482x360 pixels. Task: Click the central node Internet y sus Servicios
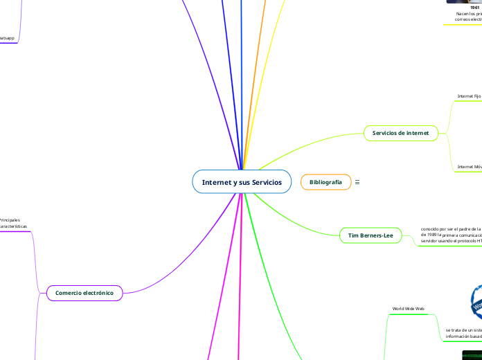pyautogui.click(x=242, y=181)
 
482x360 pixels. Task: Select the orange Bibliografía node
pyautogui.click(x=325, y=182)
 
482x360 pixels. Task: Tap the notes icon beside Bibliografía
pyautogui.click(x=357, y=182)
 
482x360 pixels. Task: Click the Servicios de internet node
pyautogui.click(x=400, y=133)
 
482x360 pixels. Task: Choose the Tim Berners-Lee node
pyautogui.click(x=371, y=235)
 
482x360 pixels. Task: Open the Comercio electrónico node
pyautogui.click(x=84, y=294)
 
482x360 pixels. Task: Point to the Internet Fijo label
pyautogui.click(x=469, y=96)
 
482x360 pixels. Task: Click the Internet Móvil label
pyautogui.click(x=469, y=167)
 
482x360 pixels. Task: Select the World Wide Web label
pyautogui.click(x=409, y=308)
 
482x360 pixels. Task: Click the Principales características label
pyautogui.click(x=12, y=223)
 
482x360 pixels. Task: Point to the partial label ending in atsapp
pyautogui.click(x=7, y=38)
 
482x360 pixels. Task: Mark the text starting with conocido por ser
pyautogui.click(x=450, y=235)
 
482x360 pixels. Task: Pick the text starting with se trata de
pyautogui.click(x=463, y=334)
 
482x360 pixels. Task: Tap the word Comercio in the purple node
pyautogui.click(x=71, y=294)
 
